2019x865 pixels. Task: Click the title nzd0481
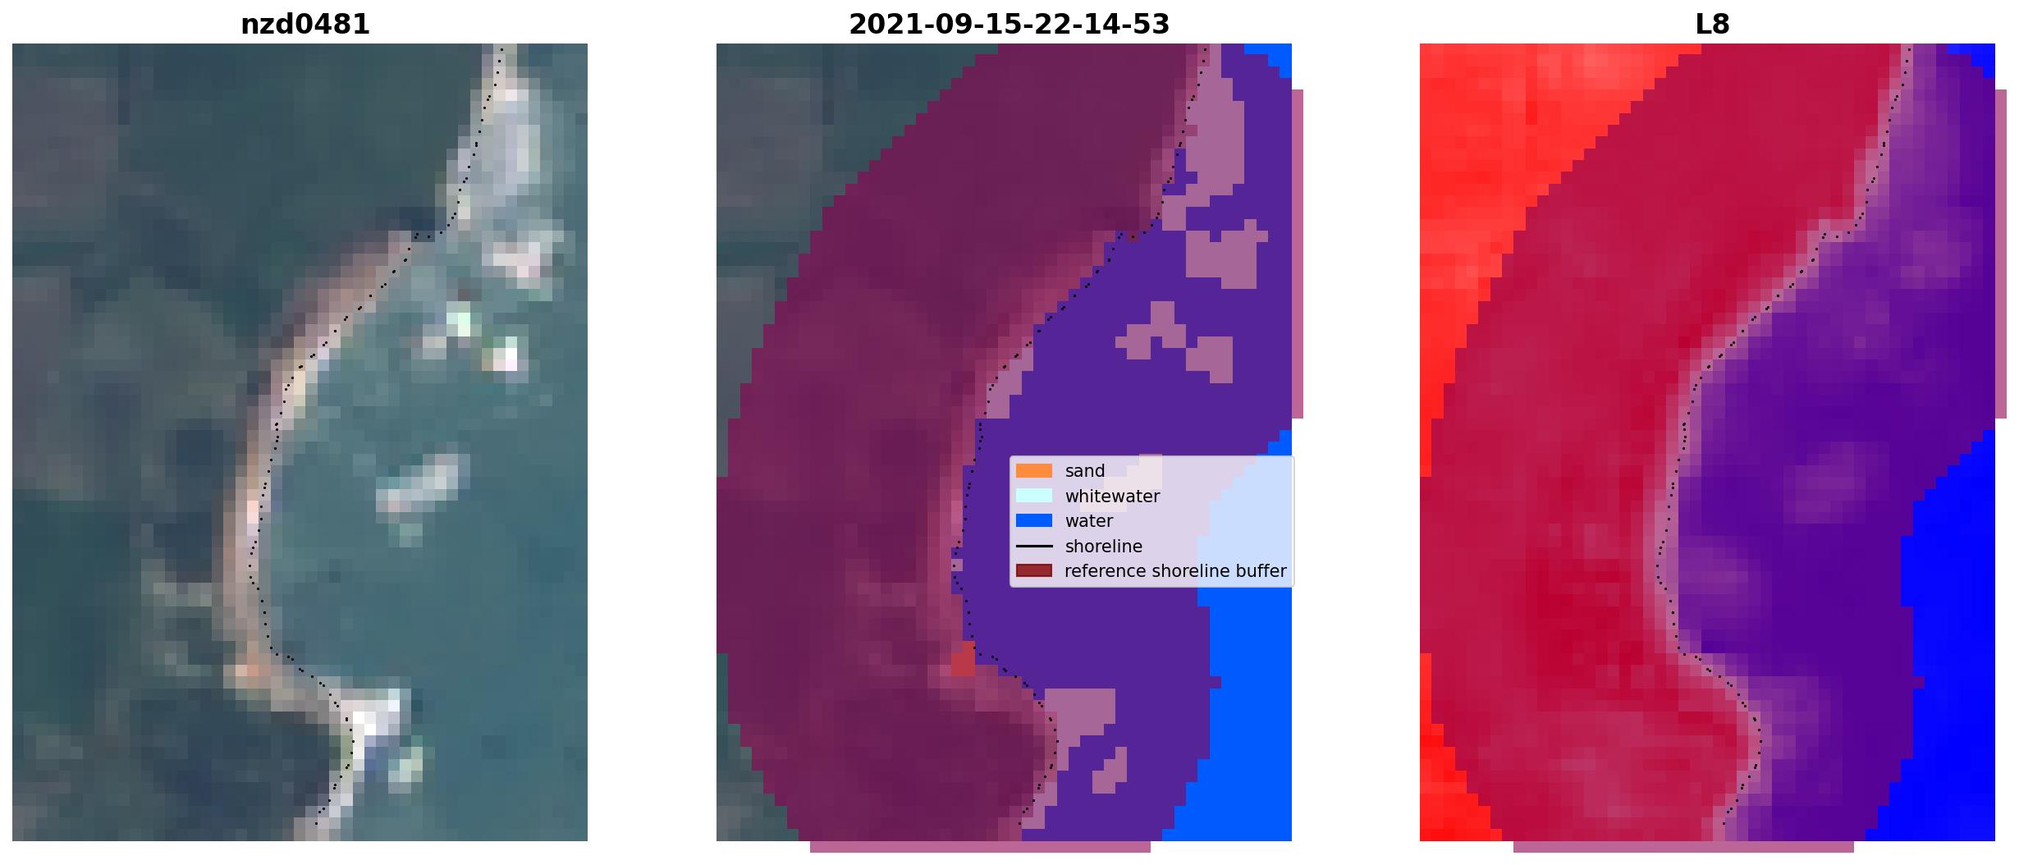(305, 25)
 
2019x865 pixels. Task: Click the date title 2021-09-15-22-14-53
(1009, 25)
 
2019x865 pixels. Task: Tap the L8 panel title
(1712, 25)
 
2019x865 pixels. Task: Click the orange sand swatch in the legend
(1034, 471)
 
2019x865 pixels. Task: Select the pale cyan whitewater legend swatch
(1034, 496)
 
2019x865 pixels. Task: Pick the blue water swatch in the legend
(1034, 520)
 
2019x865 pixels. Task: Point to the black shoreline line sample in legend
(1034, 546)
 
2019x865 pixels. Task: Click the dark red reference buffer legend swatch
(1034, 570)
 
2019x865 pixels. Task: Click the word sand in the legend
(1085, 471)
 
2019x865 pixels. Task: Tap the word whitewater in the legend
(1112, 497)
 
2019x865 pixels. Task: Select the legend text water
(1089, 521)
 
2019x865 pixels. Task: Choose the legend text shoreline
(1104, 547)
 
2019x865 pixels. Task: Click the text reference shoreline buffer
(1175, 571)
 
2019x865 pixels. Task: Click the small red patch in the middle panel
(964, 660)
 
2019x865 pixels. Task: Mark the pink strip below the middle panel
(980, 847)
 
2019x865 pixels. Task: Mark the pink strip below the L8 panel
(1683, 847)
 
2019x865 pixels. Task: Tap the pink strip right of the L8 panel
(2001, 254)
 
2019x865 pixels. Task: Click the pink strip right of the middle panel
(1298, 254)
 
